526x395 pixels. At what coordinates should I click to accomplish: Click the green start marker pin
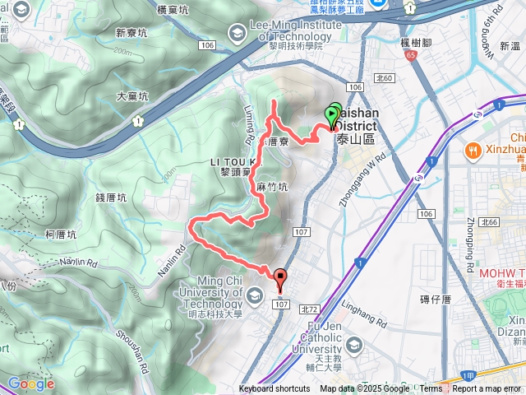[333, 117]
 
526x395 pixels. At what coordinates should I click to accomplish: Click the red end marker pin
[280, 280]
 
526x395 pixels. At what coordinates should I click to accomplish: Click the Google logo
[30, 383]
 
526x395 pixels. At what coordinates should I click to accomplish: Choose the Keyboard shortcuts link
[275, 389]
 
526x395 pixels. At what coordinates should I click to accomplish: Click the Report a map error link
[487, 389]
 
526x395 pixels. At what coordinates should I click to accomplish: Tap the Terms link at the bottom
[431, 389]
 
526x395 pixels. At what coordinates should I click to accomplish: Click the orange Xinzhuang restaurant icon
[473, 151]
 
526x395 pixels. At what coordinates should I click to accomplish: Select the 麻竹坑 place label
[272, 187]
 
